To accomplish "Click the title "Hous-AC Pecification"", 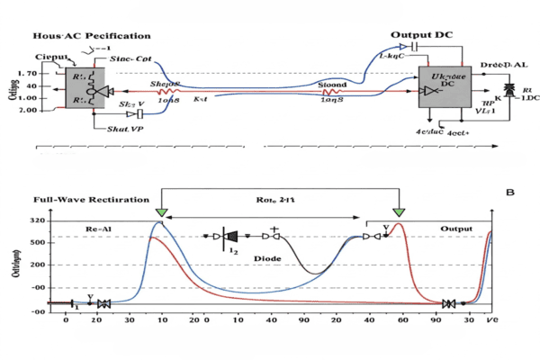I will tap(79, 35).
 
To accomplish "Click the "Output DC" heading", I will tap(421, 34).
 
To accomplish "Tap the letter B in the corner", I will tap(511, 192).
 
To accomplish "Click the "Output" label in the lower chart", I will tap(455, 229).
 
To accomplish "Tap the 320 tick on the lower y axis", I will tap(38, 220).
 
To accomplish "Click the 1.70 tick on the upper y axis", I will tap(28, 74).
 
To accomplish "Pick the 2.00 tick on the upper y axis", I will tap(28, 110).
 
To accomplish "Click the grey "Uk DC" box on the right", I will tap(445, 88).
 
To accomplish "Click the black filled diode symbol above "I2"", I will tap(231, 237).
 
